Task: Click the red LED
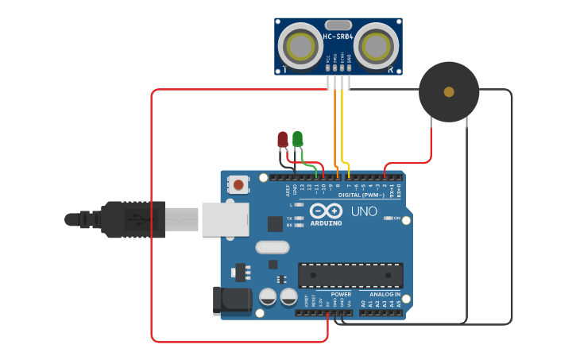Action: click(282, 139)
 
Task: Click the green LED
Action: click(297, 138)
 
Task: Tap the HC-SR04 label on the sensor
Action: click(338, 37)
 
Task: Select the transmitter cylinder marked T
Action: click(300, 46)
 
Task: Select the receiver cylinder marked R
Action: click(375, 46)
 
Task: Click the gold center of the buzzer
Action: click(449, 92)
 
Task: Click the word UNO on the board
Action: click(364, 212)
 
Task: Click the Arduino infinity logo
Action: click(326, 211)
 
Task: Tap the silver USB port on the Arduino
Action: click(225, 219)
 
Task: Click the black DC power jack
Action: click(231, 300)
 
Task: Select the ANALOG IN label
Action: click(385, 294)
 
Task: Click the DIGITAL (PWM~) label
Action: click(361, 195)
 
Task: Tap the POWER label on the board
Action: click(341, 294)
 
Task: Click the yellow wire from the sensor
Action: click(342, 127)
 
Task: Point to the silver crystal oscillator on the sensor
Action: click(338, 25)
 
